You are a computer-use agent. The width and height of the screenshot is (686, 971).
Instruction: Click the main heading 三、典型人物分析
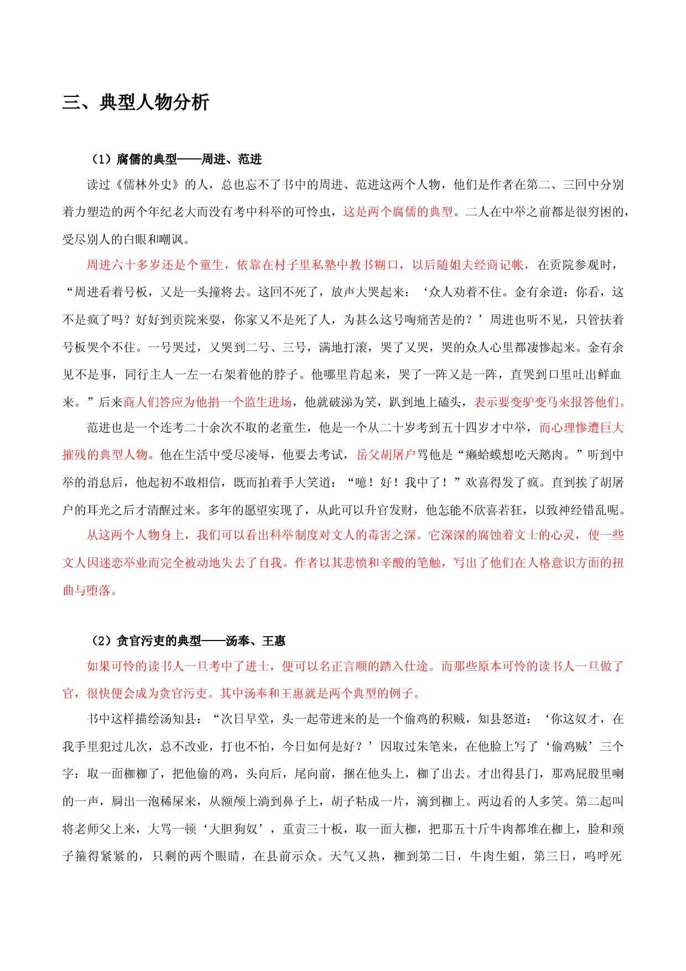136,102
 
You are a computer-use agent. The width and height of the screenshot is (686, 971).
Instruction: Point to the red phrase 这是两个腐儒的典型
398,212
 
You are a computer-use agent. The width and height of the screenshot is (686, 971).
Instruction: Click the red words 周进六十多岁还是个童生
154,265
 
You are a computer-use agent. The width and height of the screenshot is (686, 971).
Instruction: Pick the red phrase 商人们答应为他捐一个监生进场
207,402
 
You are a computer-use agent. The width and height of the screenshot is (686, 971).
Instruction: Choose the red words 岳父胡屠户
386,455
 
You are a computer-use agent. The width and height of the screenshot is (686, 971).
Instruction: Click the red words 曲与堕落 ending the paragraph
87,591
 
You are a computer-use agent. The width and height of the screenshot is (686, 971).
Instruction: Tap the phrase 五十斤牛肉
485,829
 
